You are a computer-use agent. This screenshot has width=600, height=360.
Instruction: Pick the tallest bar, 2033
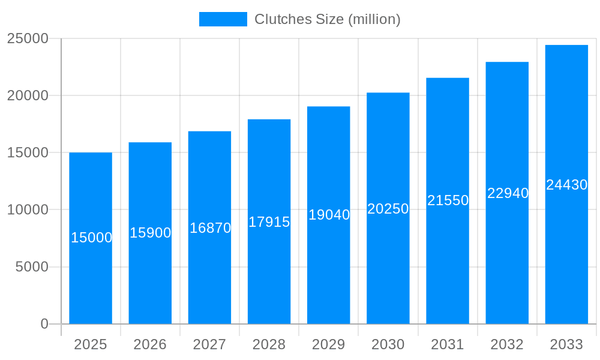point(566,252)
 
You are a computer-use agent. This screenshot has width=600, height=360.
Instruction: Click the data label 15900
point(151,233)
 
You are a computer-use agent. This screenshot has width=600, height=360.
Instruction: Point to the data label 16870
point(210,228)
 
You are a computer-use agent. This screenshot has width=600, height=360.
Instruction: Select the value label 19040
point(329,215)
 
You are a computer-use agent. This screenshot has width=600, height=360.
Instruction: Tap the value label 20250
point(388,209)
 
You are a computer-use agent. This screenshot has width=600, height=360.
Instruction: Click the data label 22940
point(508,193)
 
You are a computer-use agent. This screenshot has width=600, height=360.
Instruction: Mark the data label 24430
point(566,185)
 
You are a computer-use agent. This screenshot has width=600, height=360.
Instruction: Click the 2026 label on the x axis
point(150,344)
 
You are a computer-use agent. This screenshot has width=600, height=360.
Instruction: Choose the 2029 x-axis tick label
point(329,344)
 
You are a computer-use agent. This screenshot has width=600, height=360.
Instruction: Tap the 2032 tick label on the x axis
point(507,344)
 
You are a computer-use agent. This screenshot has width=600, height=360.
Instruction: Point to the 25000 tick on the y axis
point(27,38)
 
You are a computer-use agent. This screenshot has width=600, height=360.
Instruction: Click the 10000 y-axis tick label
point(27,210)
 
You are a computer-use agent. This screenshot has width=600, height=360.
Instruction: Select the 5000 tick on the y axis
point(31,267)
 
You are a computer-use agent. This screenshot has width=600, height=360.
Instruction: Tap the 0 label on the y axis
point(44,324)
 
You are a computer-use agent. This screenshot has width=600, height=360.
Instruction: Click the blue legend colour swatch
point(223,19)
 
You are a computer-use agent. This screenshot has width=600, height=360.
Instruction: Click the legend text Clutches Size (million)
point(328,19)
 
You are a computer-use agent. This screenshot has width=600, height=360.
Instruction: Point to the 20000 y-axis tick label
point(27,95)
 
